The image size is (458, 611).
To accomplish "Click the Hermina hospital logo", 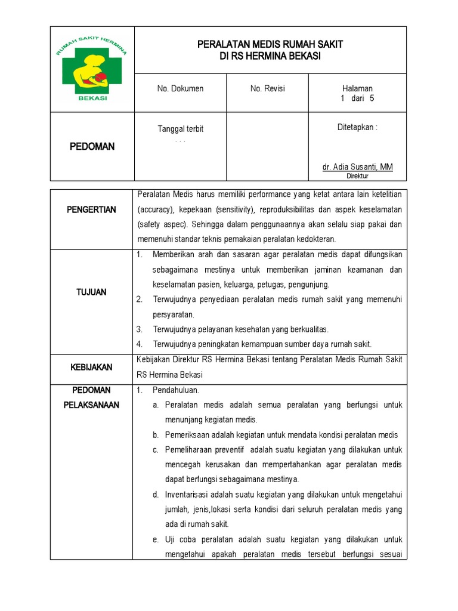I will pos(92,68).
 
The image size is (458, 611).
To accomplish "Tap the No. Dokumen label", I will pos(180,89).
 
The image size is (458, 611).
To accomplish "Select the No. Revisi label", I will pos(268,89).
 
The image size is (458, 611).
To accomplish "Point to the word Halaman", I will pos(357,89).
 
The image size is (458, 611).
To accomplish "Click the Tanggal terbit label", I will pos(180,129).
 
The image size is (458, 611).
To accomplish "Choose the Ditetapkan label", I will pos(357,127).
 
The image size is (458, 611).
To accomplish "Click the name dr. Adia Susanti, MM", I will pos(357,167).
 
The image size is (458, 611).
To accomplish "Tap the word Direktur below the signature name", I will pos(357,176).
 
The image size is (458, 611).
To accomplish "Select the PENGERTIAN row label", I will pos(92,210).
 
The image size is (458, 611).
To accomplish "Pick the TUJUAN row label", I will pos(92,292).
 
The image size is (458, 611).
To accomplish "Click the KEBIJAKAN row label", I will pos(92,368).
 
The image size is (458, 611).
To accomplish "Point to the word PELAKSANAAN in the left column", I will pos(92,405).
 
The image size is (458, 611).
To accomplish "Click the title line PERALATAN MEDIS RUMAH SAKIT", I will pos(270,45).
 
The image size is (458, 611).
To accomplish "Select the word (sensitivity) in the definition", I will pos(237,210).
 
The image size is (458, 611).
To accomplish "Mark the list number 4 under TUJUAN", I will pos(139,344).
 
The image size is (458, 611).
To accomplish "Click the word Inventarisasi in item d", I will pos(190,494).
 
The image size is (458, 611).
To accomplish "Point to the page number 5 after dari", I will pos(372,99).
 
